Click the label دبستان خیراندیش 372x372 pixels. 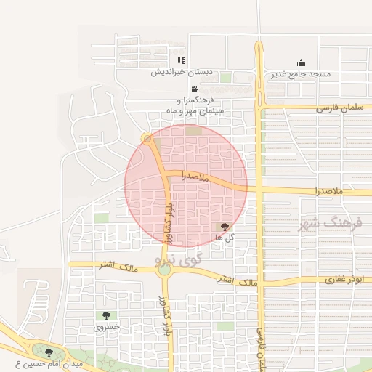pyautogui.click(x=174, y=73)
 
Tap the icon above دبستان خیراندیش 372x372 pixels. pyautogui.click(x=181, y=61)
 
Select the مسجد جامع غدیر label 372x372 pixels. pyautogui.click(x=301, y=74)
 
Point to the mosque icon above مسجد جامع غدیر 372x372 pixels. pyautogui.click(x=301, y=63)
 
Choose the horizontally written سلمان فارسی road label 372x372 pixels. pyautogui.click(x=338, y=108)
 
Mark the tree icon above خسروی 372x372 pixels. pyautogui.click(x=107, y=316)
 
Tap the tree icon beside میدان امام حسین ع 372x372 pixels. pyautogui.click(x=49, y=353)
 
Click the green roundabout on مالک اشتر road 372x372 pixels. pyautogui.click(x=165, y=270)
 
